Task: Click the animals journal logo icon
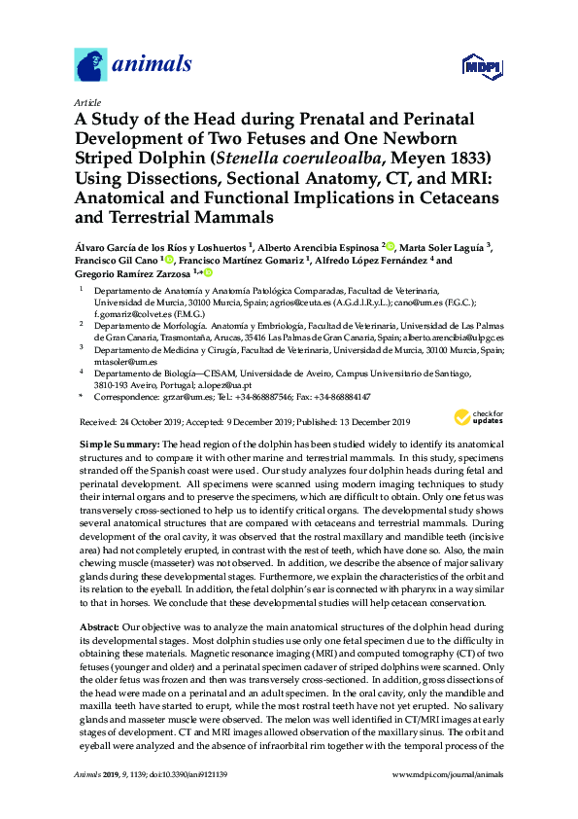(x=90, y=65)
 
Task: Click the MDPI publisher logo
(x=478, y=67)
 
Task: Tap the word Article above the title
(x=86, y=101)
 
